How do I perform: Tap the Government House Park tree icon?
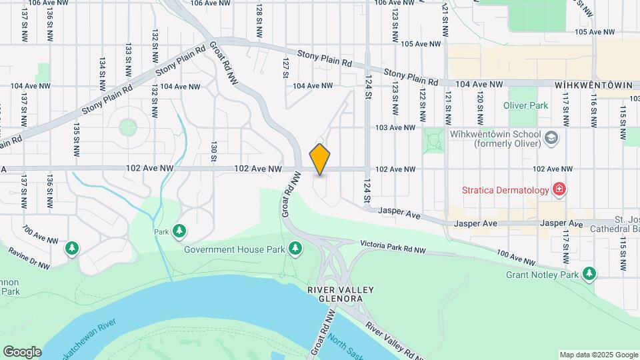coord(295,249)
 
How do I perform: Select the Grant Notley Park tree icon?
coord(589,274)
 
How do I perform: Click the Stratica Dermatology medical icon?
coord(559,190)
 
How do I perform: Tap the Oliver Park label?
coord(525,105)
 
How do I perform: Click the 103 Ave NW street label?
coord(395,127)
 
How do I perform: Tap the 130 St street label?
coord(214,151)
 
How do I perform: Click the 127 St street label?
coord(285,67)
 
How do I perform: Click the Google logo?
coord(22,352)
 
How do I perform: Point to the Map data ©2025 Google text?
coord(598,355)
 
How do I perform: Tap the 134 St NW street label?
coord(103,69)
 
